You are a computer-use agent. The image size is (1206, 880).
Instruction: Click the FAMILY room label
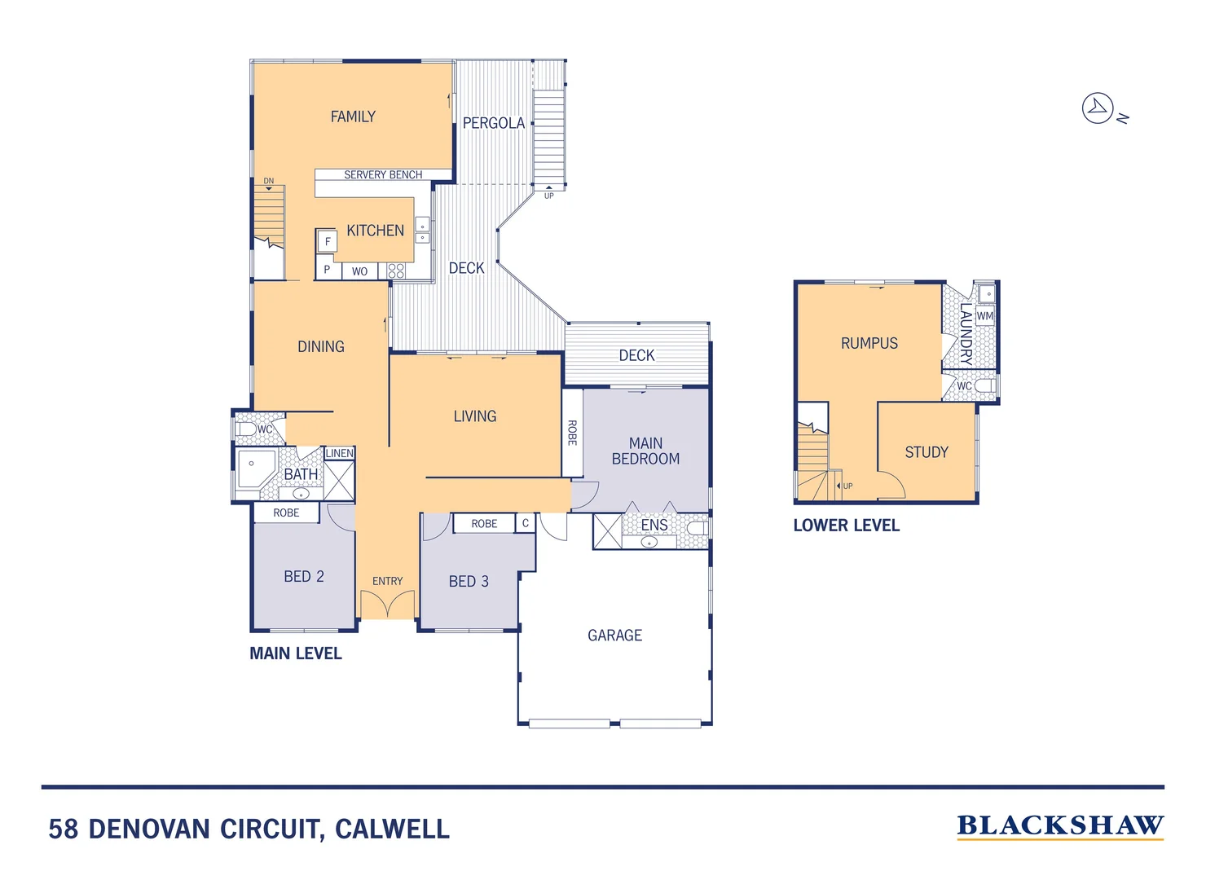[x=353, y=117]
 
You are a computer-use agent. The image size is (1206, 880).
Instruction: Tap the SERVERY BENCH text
[x=383, y=174]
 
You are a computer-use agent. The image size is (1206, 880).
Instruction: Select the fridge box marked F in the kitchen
[x=328, y=241]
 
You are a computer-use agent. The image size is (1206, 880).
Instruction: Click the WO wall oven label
[x=359, y=271]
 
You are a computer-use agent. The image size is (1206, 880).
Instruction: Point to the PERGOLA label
[x=493, y=123]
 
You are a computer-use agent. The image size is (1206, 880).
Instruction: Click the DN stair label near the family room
[x=269, y=181]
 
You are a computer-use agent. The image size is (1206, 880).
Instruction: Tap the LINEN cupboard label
[x=340, y=453]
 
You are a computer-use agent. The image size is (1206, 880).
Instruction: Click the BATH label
[x=301, y=474]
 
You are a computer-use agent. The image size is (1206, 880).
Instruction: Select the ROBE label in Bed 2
[x=286, y=513]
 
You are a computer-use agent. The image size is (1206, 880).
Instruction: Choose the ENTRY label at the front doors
[x=388, y=581]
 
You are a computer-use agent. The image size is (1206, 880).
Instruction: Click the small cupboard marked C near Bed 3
[x=526, y=523]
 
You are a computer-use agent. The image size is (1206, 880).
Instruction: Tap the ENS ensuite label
[x=654, y=526]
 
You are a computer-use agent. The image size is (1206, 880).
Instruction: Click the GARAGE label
[x=615, y=636]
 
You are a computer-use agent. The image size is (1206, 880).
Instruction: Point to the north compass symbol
[x=1098, y=108]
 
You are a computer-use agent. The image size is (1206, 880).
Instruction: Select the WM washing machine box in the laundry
[x=985, y=316]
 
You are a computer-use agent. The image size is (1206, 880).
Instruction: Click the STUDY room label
[x=927, y=452]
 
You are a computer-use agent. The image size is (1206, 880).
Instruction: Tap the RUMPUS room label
[x=869, y=344]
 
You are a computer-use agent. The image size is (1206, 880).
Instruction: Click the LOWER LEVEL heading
[x=847, y=526]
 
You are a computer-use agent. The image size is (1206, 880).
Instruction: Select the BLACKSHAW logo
[x=1060, y=825]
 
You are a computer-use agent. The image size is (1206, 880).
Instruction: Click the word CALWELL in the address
[x=392, y=829]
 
